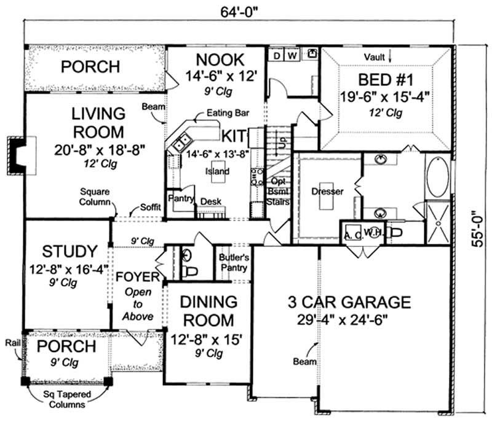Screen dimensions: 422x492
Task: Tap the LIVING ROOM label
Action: point(98,123)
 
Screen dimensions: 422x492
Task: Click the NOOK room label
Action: point(220,60)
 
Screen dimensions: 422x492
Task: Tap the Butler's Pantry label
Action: point(233,263)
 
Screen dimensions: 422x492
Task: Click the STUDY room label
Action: point(69,252)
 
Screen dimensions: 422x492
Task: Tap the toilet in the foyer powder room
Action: point(191,270)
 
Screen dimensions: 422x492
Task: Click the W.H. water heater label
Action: point(371,232)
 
